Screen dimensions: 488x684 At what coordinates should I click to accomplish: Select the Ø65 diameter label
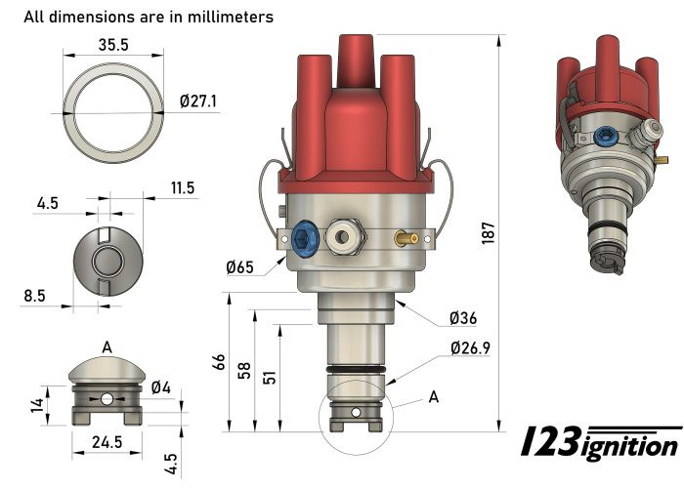(240, 266)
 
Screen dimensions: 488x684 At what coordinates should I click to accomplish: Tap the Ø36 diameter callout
(463, 318)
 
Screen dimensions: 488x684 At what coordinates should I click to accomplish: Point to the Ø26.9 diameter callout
(471, 347)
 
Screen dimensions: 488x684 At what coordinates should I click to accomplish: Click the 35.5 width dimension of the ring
(113, 44)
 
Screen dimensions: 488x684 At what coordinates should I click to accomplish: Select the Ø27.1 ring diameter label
(199, 101)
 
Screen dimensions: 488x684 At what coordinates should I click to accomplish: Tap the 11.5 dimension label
(183, 186)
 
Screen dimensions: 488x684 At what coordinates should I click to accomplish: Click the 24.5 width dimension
(107, 442)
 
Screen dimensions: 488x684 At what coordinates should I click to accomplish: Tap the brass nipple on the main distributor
(406, 236)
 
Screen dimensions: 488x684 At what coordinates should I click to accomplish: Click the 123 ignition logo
(599, 443)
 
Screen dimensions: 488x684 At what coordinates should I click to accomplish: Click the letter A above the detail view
(107, 346)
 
